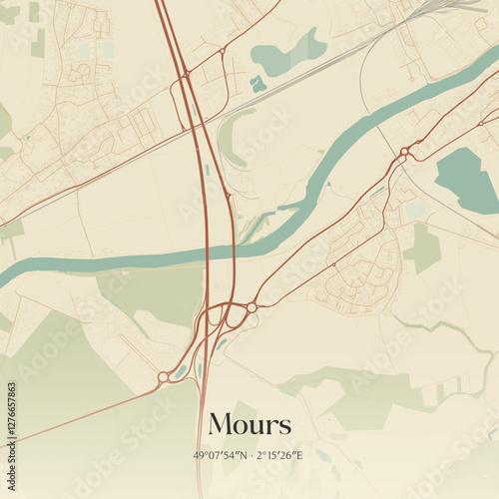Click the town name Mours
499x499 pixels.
click(x=249, y=424)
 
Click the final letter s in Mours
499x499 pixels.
click(x=285, y=426)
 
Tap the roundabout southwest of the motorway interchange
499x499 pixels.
click(x=162, y=377)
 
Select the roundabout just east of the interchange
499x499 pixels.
click(x=251, y=308)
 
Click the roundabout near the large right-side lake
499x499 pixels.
click(x=404, y=152)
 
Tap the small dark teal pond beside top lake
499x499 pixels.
click(x=258, y=84)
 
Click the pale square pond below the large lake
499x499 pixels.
click(x=415, y=211)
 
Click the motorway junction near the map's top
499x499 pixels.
click(x=186, y=74)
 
